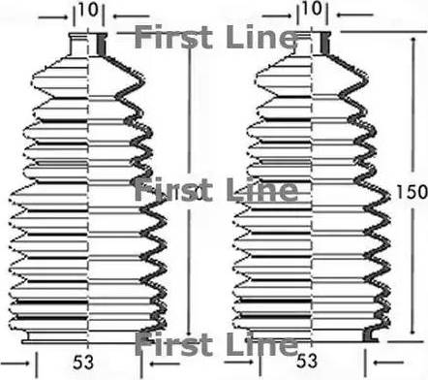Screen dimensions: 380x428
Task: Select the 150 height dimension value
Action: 411,193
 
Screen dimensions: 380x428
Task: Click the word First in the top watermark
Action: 168,39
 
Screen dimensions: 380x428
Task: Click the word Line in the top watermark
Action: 262,39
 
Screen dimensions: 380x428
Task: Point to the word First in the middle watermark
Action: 168,190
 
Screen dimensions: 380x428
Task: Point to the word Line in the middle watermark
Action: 262,190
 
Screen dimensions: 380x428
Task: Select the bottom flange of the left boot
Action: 89,336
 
